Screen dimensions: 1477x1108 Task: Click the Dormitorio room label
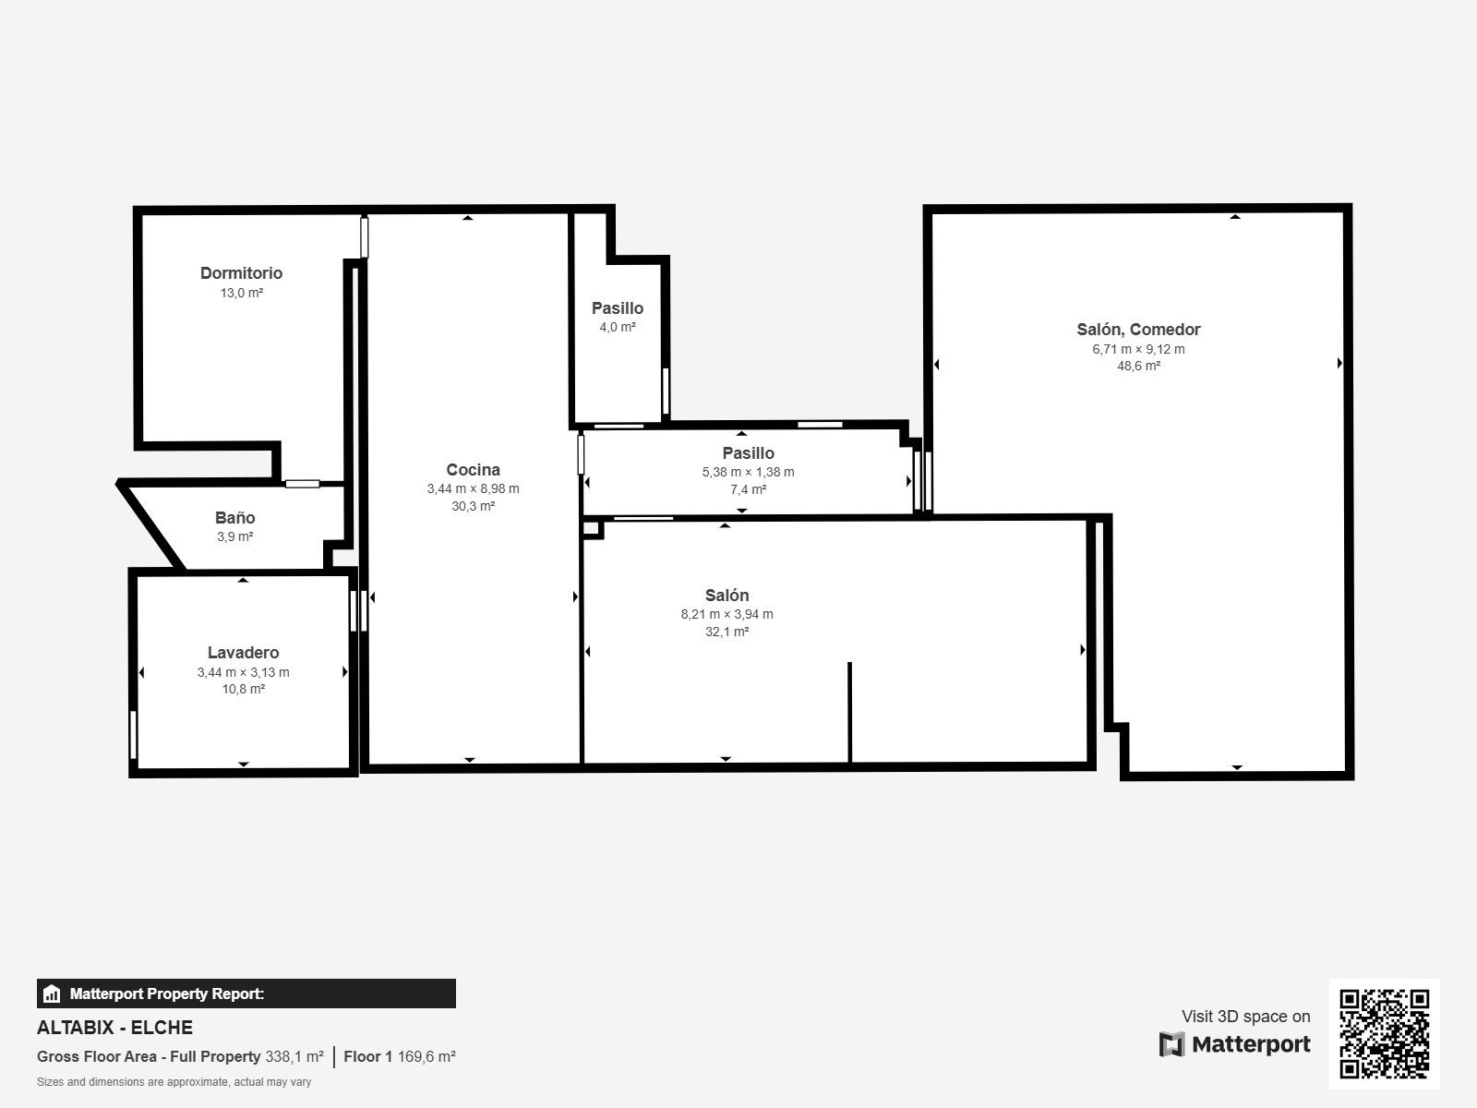[x=241, y=273]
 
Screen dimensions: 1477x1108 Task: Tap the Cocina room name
[x=473, y=470]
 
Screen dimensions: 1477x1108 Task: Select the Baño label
[x=234, y=517]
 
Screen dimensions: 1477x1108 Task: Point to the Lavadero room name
[x=243, y=653]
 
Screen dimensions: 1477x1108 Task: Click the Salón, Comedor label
[x=1138, y=330]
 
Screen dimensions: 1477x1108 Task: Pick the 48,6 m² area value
[x=1138, y=366]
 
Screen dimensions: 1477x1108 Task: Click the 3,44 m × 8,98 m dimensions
[x=473, y=489]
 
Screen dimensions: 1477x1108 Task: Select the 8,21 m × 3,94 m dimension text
[x=726, y=614]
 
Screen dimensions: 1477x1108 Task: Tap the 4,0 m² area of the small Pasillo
[x=618, y=328]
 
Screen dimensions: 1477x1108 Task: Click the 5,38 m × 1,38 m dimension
[x=749, y=472]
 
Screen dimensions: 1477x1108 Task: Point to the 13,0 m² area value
[x=242, y=294]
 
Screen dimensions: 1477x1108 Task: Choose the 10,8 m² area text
[x=244, y=690]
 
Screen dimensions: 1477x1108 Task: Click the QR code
[x=1384, y=1033]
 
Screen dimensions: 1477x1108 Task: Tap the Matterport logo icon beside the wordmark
[x=1171, y=1044]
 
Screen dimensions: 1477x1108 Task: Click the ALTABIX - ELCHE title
[x=115, y=1028]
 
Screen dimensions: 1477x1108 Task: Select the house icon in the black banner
[x=51, y=994]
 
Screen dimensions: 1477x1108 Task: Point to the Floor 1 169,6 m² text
[x=400, y=1056]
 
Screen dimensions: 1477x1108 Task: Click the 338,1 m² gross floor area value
[x=294, y=1056]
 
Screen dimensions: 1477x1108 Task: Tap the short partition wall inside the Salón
[x=850, y=713]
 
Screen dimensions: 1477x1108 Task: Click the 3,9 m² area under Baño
[x=234, y=536]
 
